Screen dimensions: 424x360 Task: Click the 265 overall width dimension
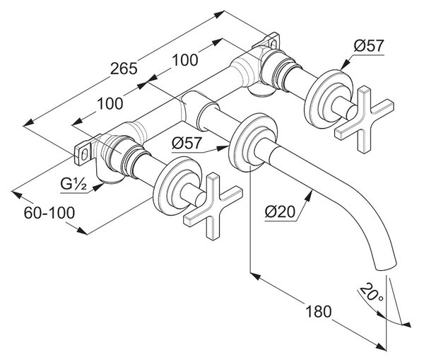coord(124,68)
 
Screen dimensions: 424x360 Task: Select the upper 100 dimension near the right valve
coord(185,60)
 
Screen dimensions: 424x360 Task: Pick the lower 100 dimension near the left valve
coord(110,103)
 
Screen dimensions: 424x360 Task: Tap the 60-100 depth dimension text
coord(49,213)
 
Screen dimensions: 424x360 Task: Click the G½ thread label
coord(73,185)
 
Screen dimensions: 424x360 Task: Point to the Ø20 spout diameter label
coord(280,211)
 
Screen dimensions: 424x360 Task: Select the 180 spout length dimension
coord(318,311)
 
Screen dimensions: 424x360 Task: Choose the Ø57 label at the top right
coord(369,45)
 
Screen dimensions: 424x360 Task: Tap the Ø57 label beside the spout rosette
coord(187,143)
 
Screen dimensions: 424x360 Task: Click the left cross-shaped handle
coord(213,206)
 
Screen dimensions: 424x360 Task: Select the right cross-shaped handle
coord(364,120)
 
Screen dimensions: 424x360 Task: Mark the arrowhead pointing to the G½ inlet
coord(99,187)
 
